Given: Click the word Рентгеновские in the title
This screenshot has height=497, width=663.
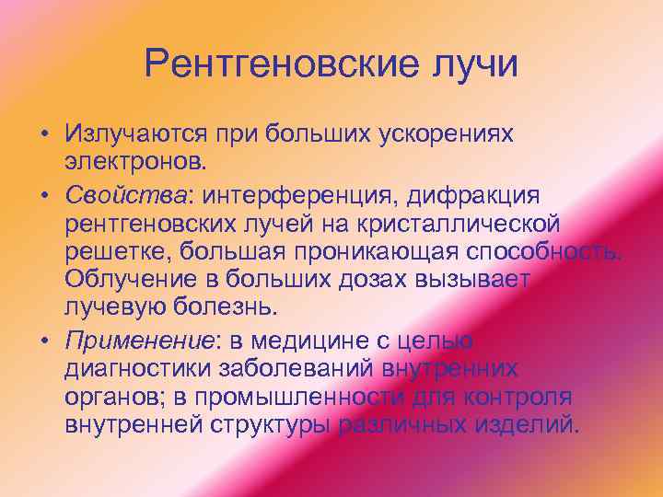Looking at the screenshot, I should [273, 65].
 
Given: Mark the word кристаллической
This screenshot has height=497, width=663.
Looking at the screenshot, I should [480, 224].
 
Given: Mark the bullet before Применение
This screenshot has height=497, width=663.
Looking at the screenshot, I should [43, 341].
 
